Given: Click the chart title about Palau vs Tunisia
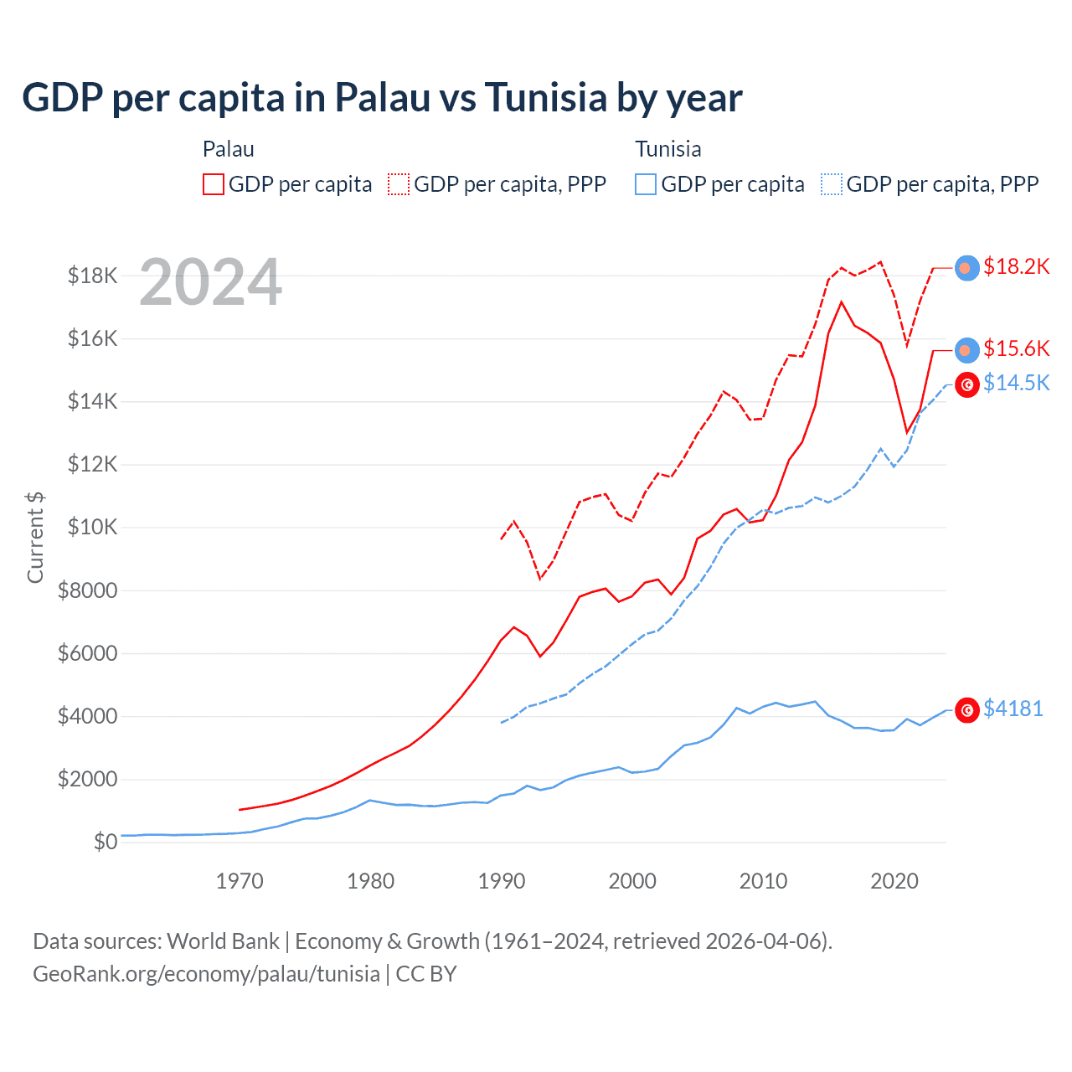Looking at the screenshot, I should pyautogui.click(x=382, y=98).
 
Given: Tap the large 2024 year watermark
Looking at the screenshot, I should pyautogui.click(x=210, y=282).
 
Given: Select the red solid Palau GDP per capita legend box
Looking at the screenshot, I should pyautogui.click(x=214, y=184).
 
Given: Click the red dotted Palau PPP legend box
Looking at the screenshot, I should pyautogui.click(x=399, y=184).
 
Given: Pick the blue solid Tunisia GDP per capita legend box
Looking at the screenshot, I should pyautogui.click(x=646, y=184).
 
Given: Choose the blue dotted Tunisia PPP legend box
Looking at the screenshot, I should pyautogui.click(x=832, y=184).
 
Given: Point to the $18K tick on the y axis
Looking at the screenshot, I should pyautogui.click(x=92, y=276).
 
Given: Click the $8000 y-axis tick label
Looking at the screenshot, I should pyautogui.click(x=87, y=590).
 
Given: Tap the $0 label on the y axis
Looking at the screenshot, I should pyautogui.click(x=106, y=842).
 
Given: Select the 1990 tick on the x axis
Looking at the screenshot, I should pyautogui.click(x=502, y=881).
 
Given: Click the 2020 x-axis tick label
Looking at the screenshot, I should pyautogui.click(x=894, y=881).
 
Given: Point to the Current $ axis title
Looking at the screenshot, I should pyautogui.click(x=35, y=537).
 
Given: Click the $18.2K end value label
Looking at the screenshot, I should pyautogui.click(x=1016, y=266).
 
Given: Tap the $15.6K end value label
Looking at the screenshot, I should pyautogui.click(x=1016, y=348).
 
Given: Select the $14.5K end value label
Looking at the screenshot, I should pyautogui.click(x=1016, y=383).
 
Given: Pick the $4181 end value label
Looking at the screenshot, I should pyautogui.click(x=1013, y=709).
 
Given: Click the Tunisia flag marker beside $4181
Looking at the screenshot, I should pyautogui.click(x=967, y=710).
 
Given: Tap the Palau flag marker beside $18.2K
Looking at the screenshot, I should pyautogui.click(x=967, y=267).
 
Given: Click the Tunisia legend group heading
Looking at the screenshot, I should pyautogui.click(x=667, y=149).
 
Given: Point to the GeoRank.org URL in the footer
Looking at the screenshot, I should pyautogui.click(x=206, y=974).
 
